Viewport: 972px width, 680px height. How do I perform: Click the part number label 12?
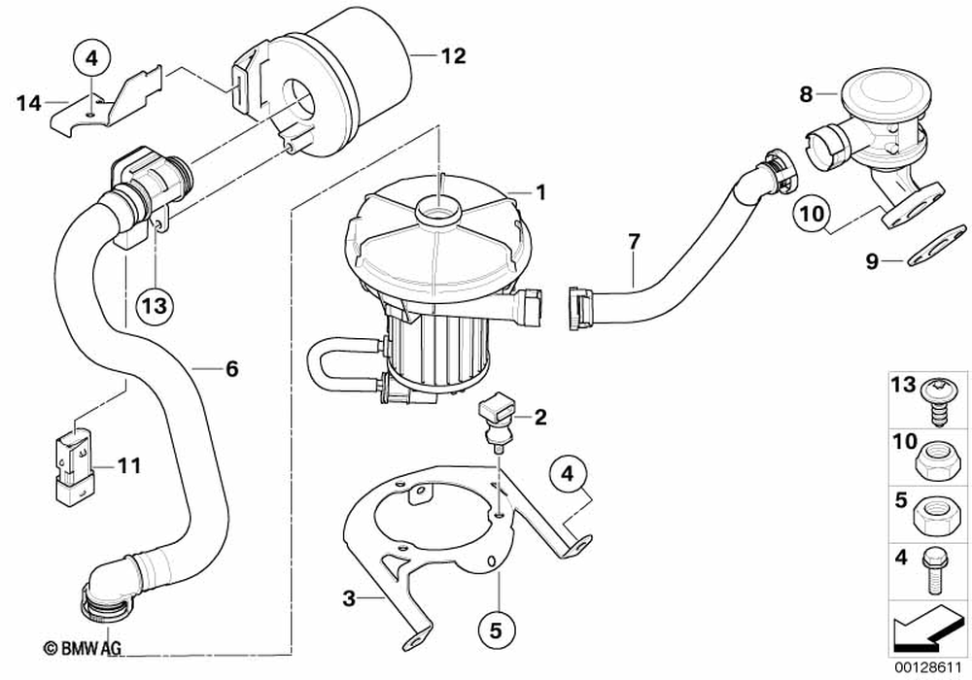point(453,55)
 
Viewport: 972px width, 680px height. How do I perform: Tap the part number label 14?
point(28,103)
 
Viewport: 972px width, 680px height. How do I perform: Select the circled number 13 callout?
point(155,305)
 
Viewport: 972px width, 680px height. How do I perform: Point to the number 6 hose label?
point(231,369)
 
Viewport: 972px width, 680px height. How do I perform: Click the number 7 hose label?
point(633,242)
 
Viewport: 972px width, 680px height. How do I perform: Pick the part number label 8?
point(805,94)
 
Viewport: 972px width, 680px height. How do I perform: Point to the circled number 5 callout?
point(496,630)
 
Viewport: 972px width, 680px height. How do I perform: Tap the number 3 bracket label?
point(349,598)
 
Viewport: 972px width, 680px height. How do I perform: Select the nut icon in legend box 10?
point(937,460)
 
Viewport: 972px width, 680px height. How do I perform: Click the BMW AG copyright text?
point(83,648)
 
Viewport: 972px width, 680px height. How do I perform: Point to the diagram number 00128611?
point(928,669)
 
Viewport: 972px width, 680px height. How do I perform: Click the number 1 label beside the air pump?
point(540,192)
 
